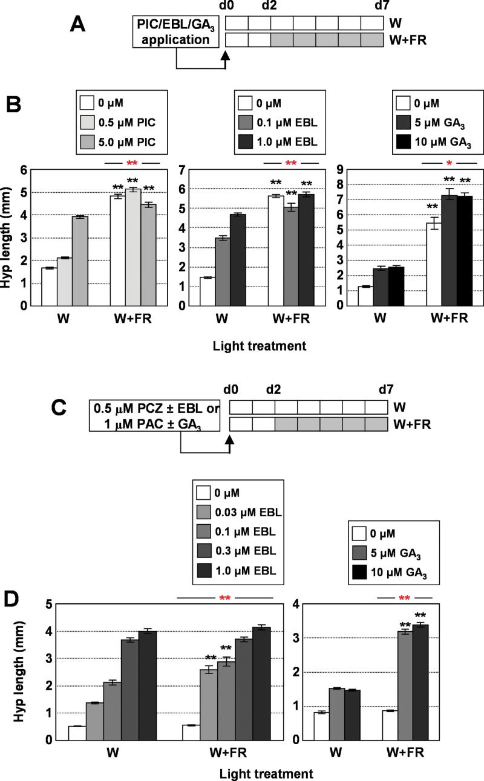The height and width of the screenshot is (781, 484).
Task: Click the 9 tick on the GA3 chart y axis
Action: tap(352, 169)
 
